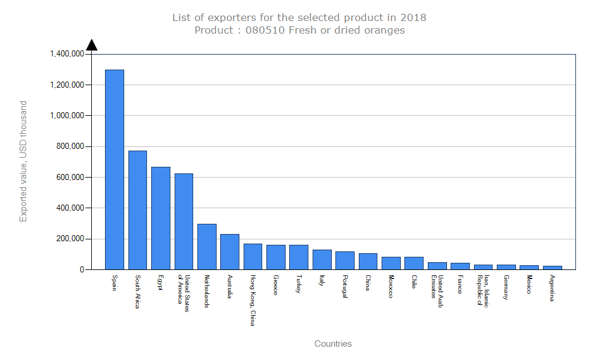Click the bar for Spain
pyautogui.click(x=115, y=169)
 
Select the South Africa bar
pyautogui.click(x=137, y=210)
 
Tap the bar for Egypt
pyautogui.click(x=160, y=218)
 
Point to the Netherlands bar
pyautogui.click(x=206, y=247)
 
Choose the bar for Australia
pyautogui.click(x=230, y=251)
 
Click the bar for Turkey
pyautogui.click(x=299, y=257)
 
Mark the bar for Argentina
pyautogui.click(x=553, y=268)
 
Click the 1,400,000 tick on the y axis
pyautogui.click(x=67, y=54)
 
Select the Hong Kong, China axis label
pyautogui.click(x=253, y=300)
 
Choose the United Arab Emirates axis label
pyautogui.click(x=437, y=286)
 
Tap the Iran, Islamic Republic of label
pyautogui.click(x=483, y=290)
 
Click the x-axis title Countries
pyautogui.click(x=333, y=344)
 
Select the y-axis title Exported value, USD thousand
pyautogui.click(x=23, y=161)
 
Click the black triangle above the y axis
pyautogui.click(x=91, y=45)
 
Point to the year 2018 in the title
pyautogui.click(x=415, y=17)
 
